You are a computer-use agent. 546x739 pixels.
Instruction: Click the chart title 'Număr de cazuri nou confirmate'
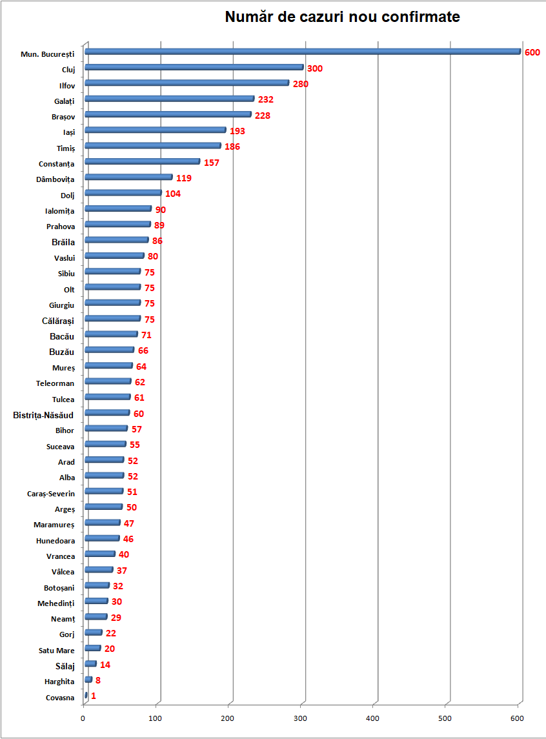(342, 17)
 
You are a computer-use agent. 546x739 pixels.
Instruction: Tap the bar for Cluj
(194, 67)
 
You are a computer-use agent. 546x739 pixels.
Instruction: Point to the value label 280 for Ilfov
(301, 84)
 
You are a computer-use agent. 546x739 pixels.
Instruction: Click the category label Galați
(65, 101)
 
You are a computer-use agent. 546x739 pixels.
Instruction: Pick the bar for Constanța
(142, 161)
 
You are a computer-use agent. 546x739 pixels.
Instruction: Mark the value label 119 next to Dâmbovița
(184, 178)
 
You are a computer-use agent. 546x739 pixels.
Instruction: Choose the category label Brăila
(63, 242)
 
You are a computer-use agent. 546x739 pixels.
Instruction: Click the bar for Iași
(155, 130)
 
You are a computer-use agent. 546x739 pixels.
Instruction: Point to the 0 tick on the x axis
(83, 718)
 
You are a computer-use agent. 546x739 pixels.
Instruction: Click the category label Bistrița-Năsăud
(43, 415)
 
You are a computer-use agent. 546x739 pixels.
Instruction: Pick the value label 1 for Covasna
(94, 696)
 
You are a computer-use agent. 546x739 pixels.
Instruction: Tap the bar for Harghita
(88, 680)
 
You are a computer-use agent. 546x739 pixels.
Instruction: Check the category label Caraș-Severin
(51, 494)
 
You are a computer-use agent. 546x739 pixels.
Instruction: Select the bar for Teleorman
(108, 381)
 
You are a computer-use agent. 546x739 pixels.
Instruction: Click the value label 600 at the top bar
(532, 52)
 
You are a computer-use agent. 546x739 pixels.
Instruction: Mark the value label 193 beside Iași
(238, 131)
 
